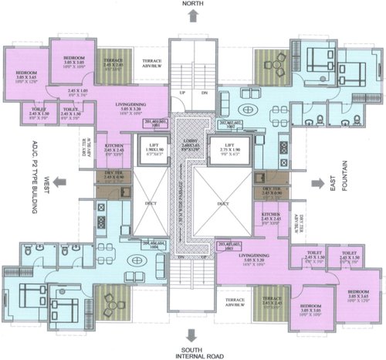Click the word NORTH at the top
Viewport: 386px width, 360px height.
192,5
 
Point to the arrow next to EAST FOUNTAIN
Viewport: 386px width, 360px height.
317,182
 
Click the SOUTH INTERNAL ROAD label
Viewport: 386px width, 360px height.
192,351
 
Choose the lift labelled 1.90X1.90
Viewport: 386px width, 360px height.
149,149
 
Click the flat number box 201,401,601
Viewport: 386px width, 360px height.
156,124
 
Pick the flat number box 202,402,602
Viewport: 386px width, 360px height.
230,124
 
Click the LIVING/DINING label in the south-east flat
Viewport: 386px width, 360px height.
252,260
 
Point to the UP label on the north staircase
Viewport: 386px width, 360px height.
182,92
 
